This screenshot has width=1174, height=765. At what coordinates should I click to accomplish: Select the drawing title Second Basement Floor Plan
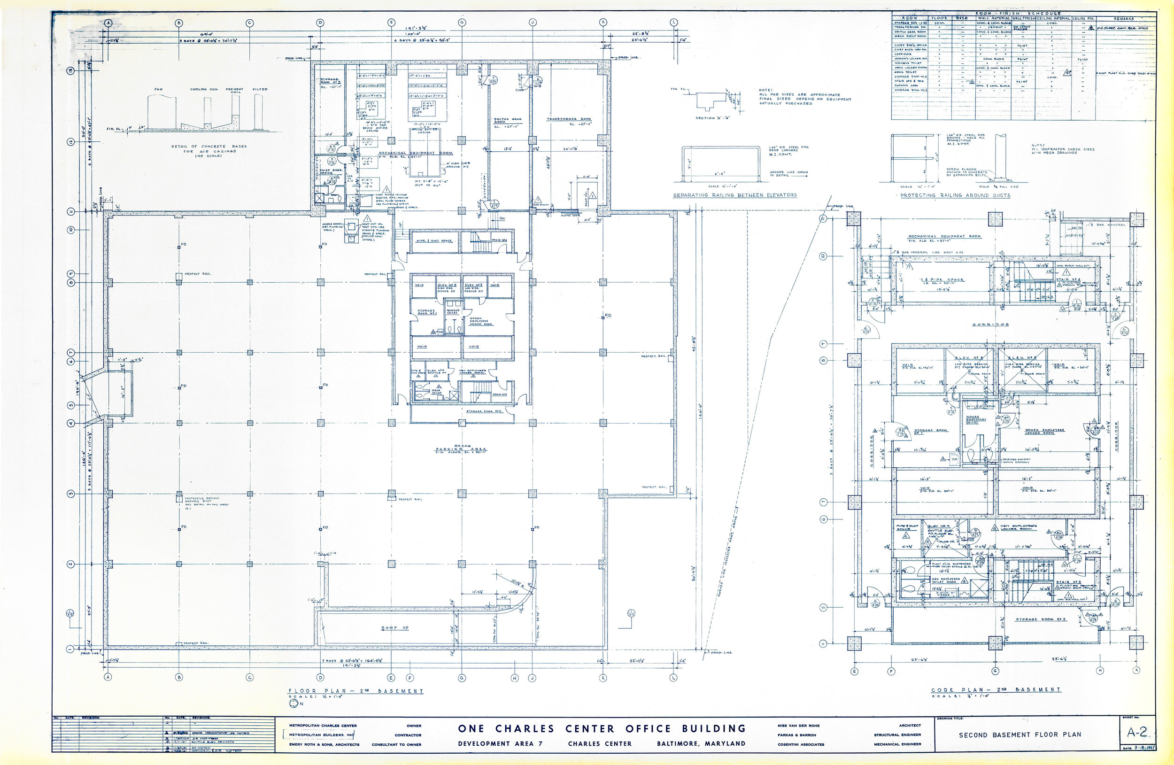click(x=1020, y=734)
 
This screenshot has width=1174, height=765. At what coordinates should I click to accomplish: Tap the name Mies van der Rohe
click(x=799, y=726)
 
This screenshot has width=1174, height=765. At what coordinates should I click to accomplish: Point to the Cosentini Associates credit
click(x=801, y=744)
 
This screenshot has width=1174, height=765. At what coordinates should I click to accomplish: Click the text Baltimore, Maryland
click(x=701, y=743)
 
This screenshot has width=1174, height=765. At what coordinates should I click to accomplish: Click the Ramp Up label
click(x=394, y=628)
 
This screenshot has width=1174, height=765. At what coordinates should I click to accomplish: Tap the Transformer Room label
click(x=569, y=119)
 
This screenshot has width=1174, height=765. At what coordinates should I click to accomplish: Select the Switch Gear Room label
click(x=508, y=120)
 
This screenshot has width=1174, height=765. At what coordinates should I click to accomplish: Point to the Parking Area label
click(x=461, y=449)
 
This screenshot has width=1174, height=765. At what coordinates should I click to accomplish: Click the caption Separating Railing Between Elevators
click(x=735, y=195)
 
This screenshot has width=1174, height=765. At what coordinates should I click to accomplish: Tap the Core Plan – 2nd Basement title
click(x=996, y=689)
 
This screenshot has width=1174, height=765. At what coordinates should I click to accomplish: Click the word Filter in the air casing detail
click(x=260, y=89)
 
